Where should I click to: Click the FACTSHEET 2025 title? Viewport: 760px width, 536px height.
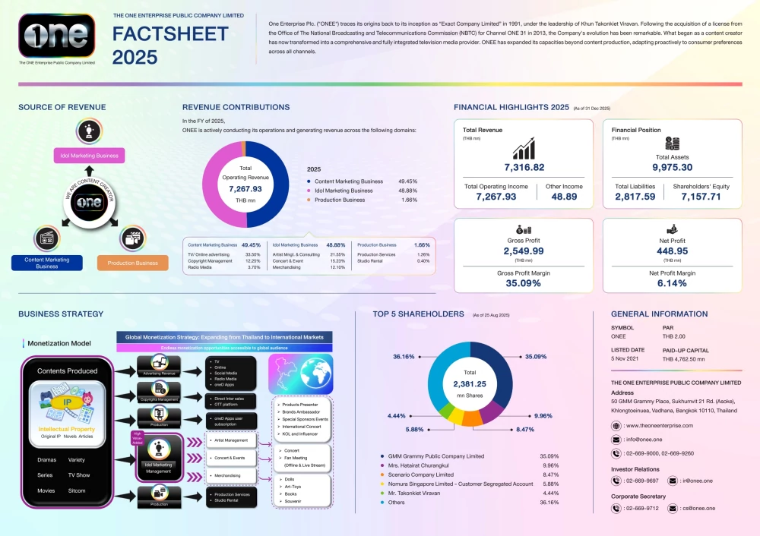(x=170, y=46)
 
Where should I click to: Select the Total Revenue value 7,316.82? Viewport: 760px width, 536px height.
(x=524, y=167)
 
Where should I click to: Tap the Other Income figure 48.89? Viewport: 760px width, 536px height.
(x=564, y=196)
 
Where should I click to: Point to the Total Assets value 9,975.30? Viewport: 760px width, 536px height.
(x=672, y=167)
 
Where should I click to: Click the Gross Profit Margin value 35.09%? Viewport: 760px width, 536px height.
(x=524, y=283)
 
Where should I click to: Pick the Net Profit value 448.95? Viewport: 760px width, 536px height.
(x=672, y=251)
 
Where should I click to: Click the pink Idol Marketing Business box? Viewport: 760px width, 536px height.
(x=89, y=156)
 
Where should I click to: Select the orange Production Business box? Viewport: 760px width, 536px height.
(x=132, y=263)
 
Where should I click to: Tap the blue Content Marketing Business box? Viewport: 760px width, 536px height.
(x=47, y=263)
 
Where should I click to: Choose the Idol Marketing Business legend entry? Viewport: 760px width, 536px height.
(x=343, y=191)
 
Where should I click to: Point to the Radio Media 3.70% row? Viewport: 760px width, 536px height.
(x=224, y=267)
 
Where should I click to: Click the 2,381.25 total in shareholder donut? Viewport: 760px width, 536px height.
(x=470, y=383)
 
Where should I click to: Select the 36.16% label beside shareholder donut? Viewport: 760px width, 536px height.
(x=404, y=356)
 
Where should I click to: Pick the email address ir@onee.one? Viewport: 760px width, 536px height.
(x=697, y=480)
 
